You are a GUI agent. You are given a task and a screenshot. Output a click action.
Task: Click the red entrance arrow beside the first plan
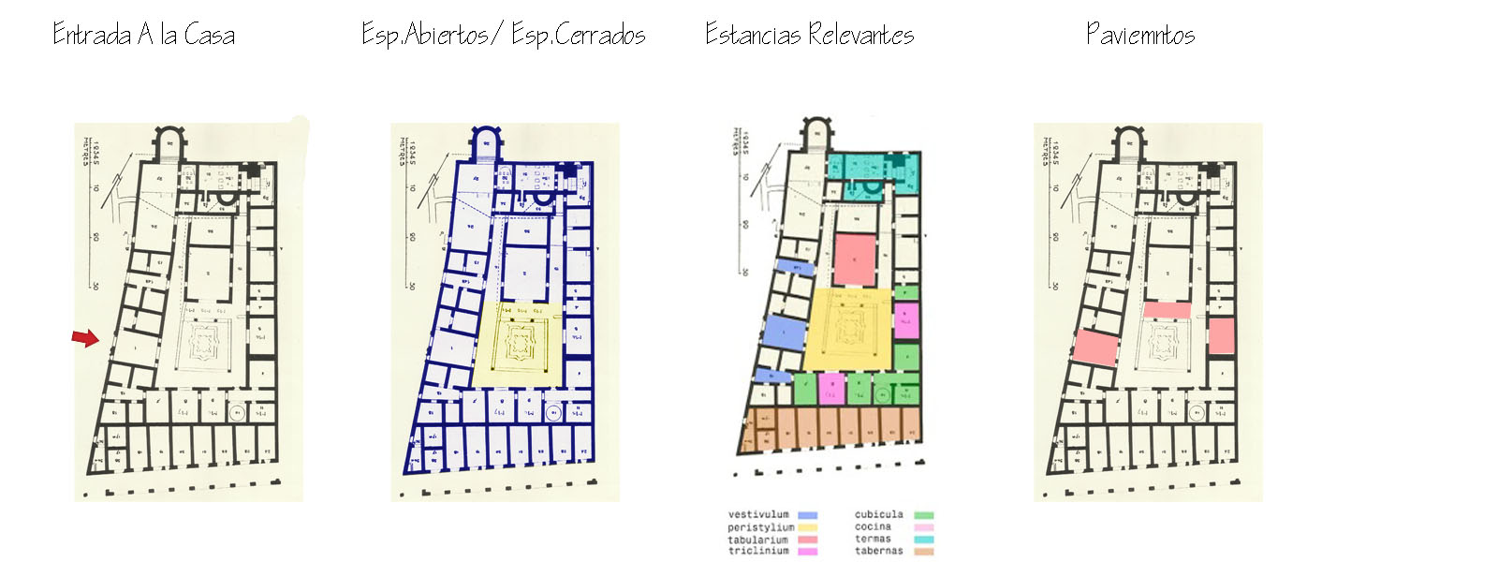click(85, 337)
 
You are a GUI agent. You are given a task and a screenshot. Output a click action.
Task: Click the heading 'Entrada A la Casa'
click(143, 36)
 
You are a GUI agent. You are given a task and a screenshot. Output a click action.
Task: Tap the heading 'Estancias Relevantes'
click(809, 36)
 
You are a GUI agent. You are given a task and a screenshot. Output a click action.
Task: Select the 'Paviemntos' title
click(1139, 36)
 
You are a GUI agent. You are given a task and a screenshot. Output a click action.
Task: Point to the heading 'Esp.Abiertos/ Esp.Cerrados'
click(503, 36)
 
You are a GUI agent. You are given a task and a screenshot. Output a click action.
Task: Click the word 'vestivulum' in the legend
click(758, 514)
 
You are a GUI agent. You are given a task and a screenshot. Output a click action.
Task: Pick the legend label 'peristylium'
click(760, 527)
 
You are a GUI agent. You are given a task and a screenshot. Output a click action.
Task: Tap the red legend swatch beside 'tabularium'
click(807, 540)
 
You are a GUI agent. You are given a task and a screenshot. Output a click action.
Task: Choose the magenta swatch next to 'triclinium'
click(807, 552)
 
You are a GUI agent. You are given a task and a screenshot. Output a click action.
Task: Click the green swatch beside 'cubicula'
click(923, 515)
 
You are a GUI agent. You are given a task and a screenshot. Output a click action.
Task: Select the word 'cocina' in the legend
click(873, 527)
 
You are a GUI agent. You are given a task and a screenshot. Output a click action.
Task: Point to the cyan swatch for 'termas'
click(923, 540)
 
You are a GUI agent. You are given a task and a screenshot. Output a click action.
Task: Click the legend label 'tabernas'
click(878, 551)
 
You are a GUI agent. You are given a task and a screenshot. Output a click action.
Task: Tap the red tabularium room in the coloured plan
click(854, 259)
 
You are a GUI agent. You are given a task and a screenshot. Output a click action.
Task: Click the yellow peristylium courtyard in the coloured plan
click(847, 328)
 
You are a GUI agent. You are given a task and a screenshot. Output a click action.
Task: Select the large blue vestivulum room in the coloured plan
click(785, 333)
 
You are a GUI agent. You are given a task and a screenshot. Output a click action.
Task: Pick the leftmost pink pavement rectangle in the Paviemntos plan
click(1095, 347)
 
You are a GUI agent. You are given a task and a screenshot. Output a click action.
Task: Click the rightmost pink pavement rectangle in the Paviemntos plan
click(1221, 335)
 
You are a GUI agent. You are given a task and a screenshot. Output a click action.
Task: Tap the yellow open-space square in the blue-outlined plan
click(518, 344)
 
